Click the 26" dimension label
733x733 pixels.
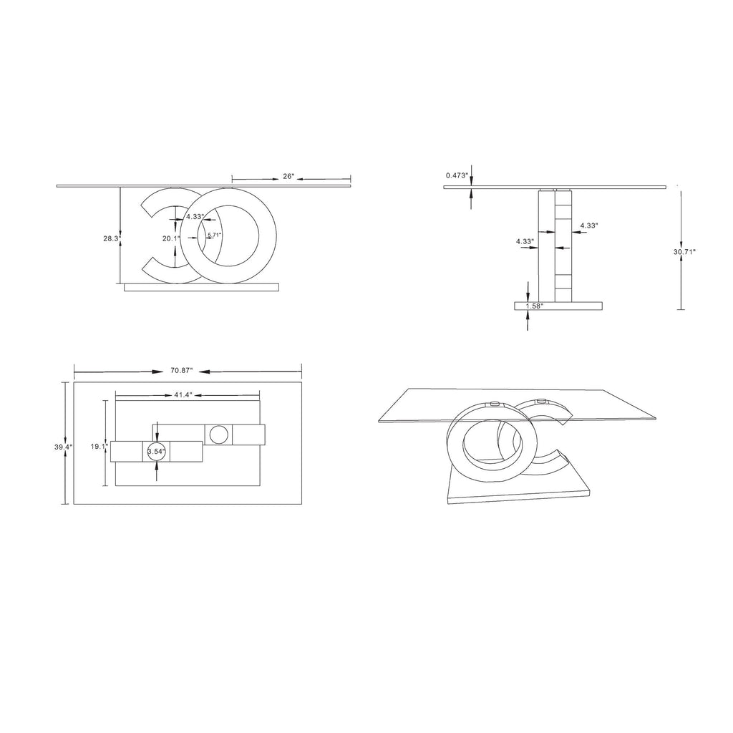288,176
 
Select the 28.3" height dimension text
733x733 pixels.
111,239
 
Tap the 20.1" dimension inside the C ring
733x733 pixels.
170,239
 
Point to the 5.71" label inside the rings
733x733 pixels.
214,235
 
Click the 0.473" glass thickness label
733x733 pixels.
457,175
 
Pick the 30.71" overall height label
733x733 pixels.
684,251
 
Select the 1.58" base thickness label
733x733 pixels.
534,306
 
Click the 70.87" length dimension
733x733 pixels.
182,371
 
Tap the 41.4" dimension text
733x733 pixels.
181,394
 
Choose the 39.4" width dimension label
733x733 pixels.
64,447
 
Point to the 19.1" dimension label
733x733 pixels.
99,446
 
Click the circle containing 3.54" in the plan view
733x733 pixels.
156,451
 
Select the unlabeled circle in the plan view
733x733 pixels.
218,434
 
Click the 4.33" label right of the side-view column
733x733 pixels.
588,225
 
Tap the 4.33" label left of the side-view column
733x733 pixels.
525,241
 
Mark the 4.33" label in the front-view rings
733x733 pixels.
195,216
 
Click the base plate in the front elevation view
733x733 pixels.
200,287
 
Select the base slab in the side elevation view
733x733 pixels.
558,306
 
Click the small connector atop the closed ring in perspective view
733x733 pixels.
494,404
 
